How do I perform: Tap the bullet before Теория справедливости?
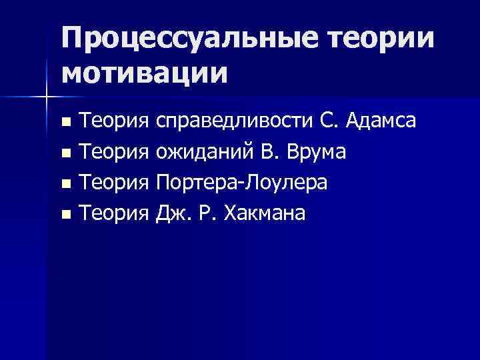[65, 123]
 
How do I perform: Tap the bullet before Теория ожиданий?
[65, 153]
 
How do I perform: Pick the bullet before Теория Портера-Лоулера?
[65, 184]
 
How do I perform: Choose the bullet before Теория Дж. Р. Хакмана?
[65, 215]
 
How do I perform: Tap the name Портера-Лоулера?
[241, 183]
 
